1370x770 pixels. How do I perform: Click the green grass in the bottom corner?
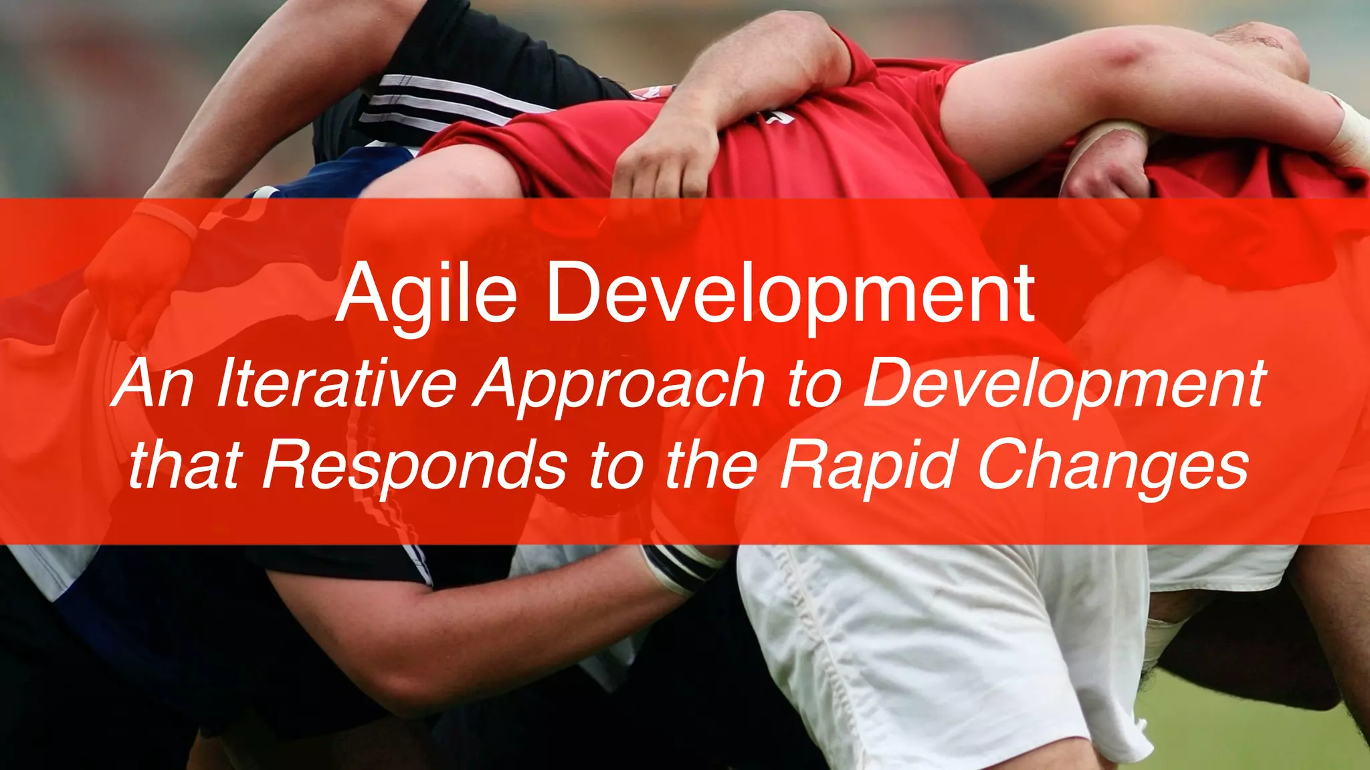tap(1271, 735)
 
